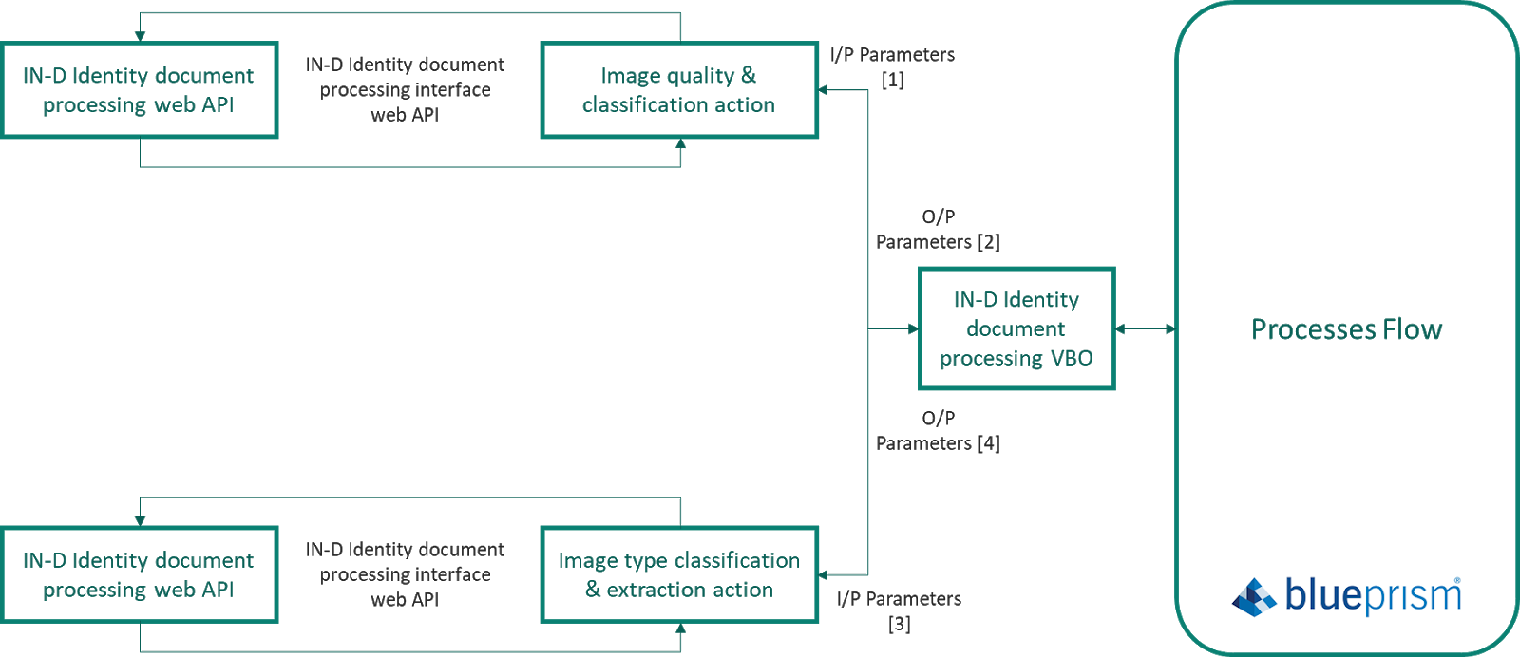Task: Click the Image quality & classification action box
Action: click(678, 90)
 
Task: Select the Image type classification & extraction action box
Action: click(678, 574)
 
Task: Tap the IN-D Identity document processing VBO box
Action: click(1016, 328)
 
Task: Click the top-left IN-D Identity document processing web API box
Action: click(139, 90)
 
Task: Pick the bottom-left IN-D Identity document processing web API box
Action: click(139, 574)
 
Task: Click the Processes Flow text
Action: click(1346, 329)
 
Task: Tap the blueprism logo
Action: click(1346, 595)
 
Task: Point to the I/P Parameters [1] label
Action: click(892, 66)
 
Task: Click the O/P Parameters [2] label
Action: click(938, 230)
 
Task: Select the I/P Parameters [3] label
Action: click(899, 610)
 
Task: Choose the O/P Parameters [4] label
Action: click(938, 431)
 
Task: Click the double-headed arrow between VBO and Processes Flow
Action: click(1145, 329)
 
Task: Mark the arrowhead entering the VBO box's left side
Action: click(913, 329)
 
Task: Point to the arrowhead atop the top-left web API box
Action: click(140, 36)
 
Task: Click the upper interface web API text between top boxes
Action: click(406, 89)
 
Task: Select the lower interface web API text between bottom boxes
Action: click(406, 574)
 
